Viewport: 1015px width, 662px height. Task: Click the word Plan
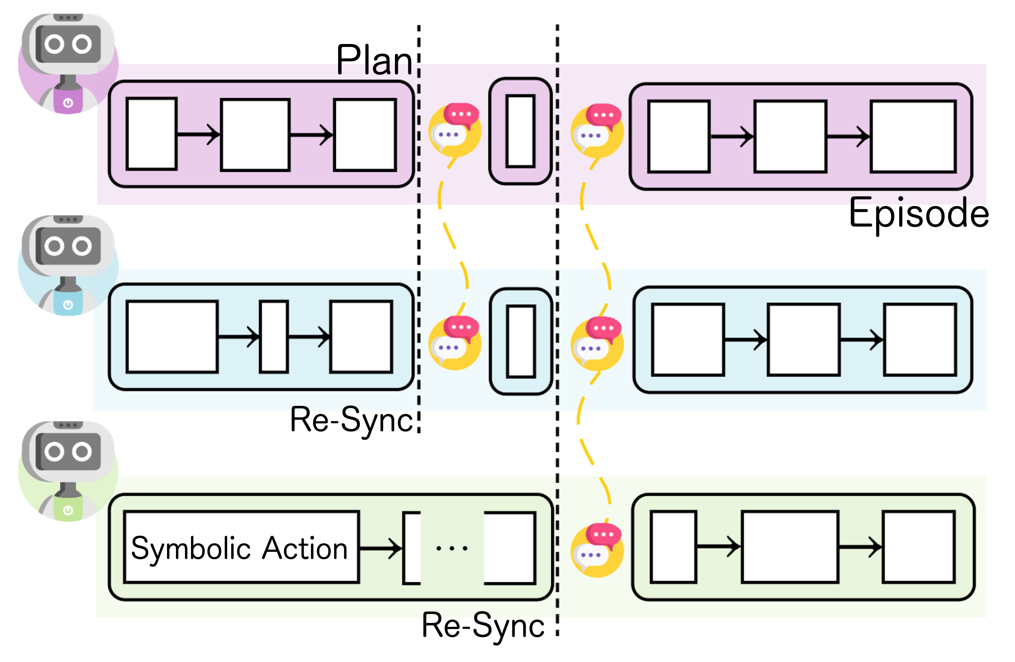[374, 60]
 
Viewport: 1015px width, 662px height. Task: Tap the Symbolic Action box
[241, 547]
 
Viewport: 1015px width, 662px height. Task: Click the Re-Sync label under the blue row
[351, 420]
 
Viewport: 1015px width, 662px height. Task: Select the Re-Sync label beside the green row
[483, 625]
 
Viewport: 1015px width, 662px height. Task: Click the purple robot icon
[68, 64]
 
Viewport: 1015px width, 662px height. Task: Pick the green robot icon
[68, 471]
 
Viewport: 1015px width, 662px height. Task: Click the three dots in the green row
[452, 548]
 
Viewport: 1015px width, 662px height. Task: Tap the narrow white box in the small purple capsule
[520, 131]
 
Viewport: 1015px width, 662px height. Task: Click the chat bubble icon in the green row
[597, 550]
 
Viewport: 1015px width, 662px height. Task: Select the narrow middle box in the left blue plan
[274, 337]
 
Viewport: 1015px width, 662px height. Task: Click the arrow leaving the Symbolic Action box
[380, 548]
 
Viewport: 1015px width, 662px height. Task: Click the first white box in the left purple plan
[151, 134]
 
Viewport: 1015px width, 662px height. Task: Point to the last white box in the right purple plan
[913, 136]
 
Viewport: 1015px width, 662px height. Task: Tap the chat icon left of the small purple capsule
[455, 129]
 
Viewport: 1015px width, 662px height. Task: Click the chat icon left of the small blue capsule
[455, 342]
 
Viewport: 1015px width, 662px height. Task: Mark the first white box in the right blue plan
[688, 340]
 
